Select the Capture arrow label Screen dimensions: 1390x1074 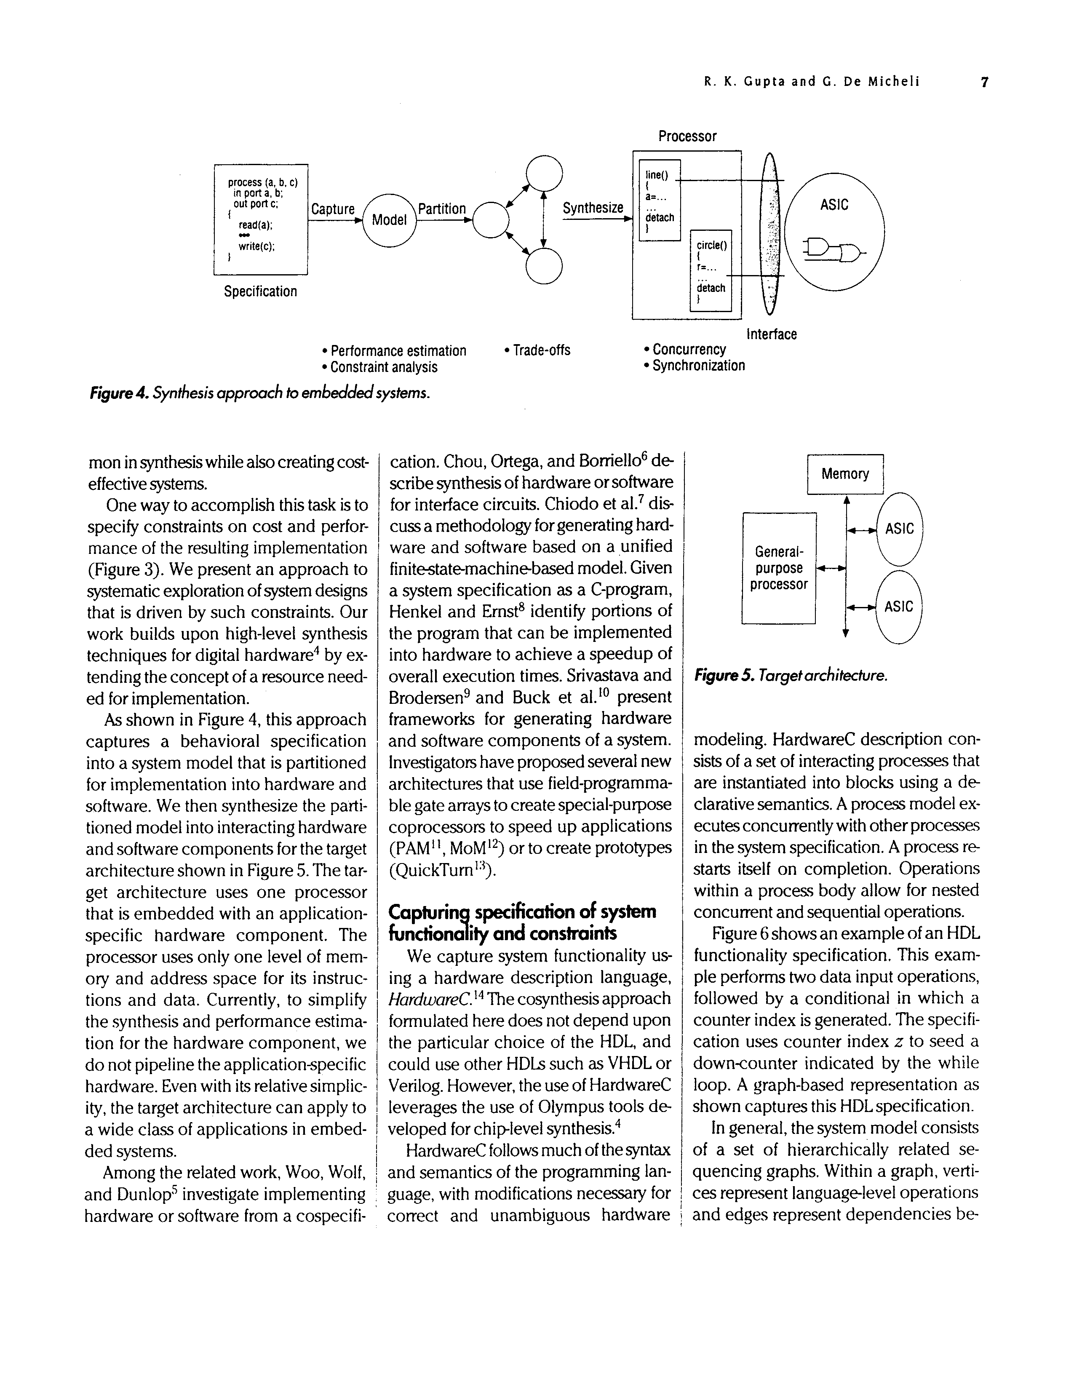tap(333, 209)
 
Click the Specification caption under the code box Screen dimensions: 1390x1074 tap(260, 291)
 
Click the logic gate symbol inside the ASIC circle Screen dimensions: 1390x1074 tap(834, 250)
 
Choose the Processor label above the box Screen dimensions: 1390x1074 tap(687, 136)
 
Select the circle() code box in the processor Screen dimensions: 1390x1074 tap(711, 270)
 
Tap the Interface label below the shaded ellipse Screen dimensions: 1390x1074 tap(771, 334)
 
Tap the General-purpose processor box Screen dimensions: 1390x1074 tap(779, 568)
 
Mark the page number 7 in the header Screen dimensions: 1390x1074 tap(984, 82)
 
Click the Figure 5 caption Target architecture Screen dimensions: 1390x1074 tap(790, 675)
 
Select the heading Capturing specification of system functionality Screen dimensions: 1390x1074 tap(522, 922)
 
